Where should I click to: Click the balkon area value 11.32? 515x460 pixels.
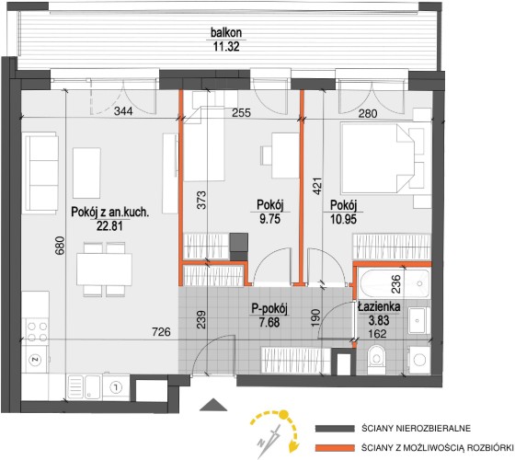tap(226, 46)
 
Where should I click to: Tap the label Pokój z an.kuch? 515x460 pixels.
tap(110, 213)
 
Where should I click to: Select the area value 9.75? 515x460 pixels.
tap(270, 219)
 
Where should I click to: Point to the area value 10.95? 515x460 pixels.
tap(343, 219)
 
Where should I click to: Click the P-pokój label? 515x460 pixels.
tap(269, 309)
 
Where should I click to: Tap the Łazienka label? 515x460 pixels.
tap(379, 307)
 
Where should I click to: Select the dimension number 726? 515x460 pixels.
tap(162, 332)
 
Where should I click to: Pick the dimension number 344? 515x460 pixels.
tap(123, 111)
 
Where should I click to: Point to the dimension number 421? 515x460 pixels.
tap(317, 186)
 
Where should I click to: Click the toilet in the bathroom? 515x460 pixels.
tap(376, 359)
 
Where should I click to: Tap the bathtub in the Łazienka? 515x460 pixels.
tap(395, 283)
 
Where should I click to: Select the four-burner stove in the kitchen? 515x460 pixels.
tap(37, 332)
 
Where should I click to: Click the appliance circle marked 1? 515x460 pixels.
tap(115, 387)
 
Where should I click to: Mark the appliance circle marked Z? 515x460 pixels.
tap(36, 360)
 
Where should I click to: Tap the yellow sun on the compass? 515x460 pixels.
tap(283, 415)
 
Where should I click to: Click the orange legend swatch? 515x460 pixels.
tap(335, 448)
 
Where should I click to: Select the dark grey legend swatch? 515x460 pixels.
tap(335, 429)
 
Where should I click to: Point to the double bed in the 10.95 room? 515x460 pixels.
tap(378, 158)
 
